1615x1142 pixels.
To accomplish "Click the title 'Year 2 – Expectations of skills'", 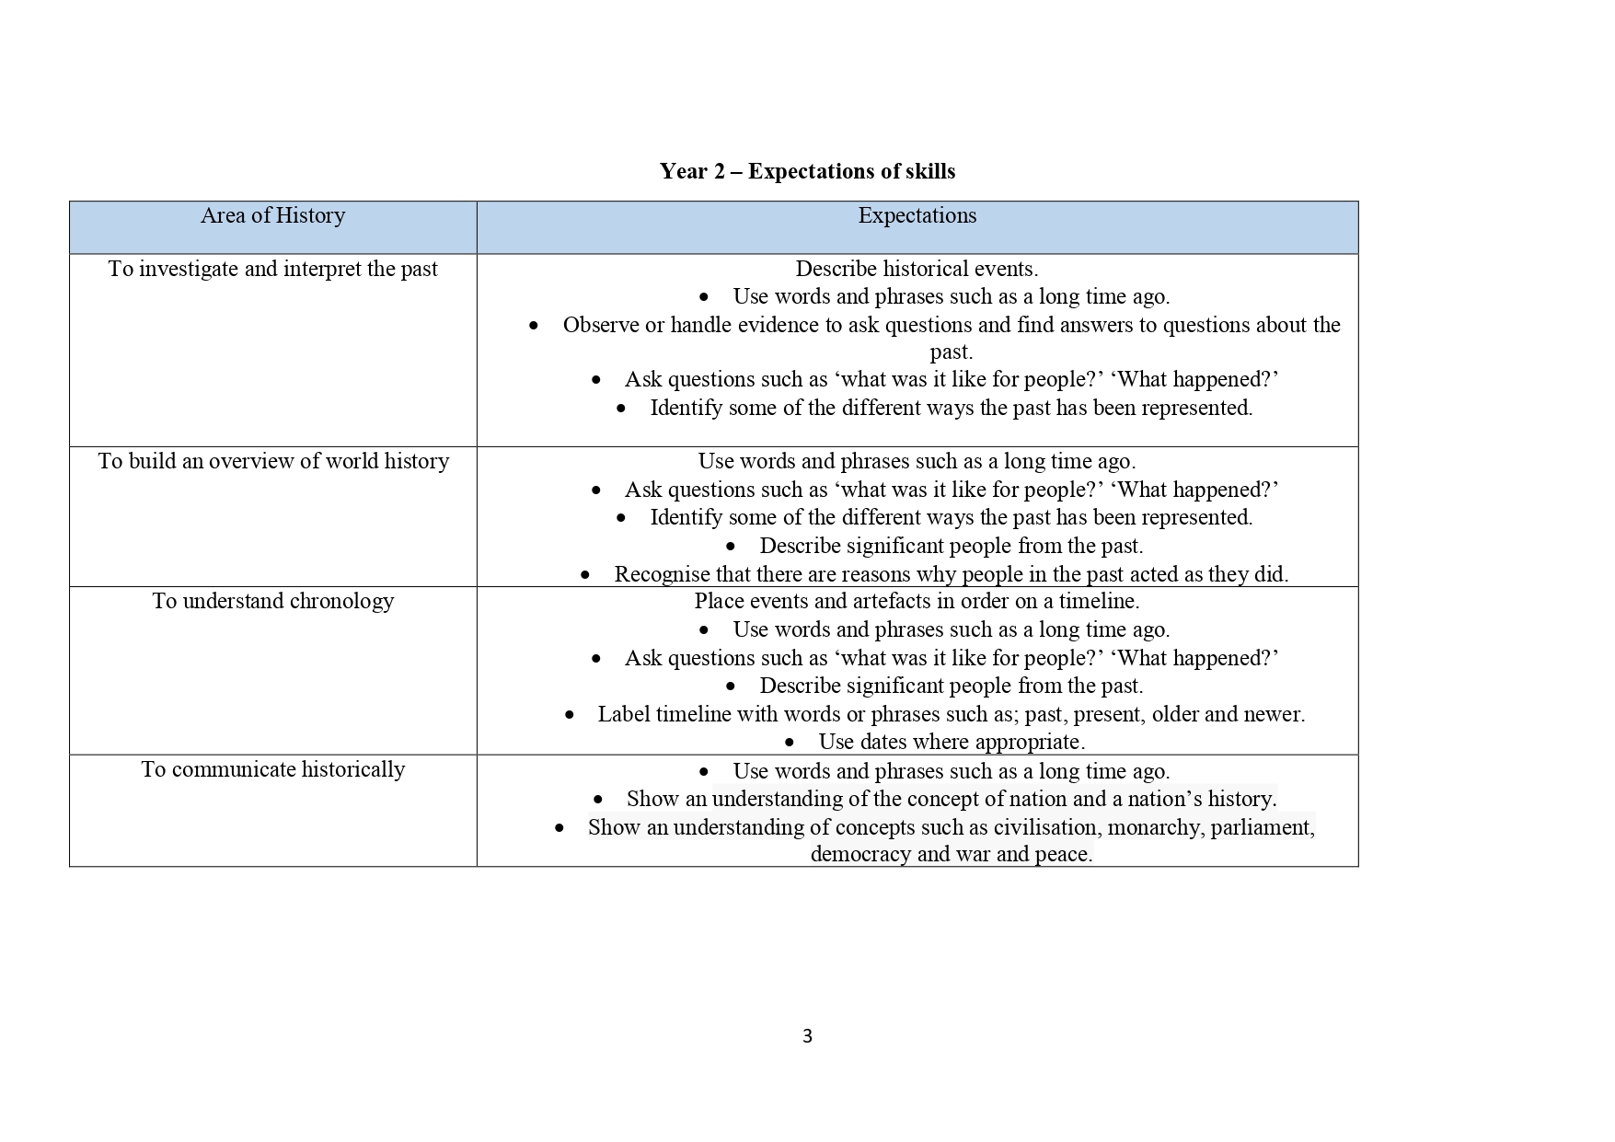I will (x=807, y=171).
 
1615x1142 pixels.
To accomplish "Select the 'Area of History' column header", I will (x=272, y=215).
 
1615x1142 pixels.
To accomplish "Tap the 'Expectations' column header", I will (x=917, y=215).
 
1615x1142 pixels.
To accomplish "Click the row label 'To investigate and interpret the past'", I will (x=272, y=269).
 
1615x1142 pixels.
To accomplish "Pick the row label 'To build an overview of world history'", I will (x=273, y=461).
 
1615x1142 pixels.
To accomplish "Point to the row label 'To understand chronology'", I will (x=272, y=601).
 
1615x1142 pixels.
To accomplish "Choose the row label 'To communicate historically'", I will (x=272, y=769).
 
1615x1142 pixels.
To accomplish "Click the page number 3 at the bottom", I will (x=807, y=1036).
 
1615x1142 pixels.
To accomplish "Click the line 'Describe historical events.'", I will (x=917, y=269).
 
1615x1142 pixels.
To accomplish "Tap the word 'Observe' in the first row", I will (x=600, y=325).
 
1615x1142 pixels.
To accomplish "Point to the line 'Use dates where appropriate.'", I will (x=952, y=742).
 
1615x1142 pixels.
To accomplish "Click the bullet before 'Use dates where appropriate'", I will (x=790, y=743).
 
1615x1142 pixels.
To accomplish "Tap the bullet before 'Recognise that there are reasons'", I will (x=585, y=575).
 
